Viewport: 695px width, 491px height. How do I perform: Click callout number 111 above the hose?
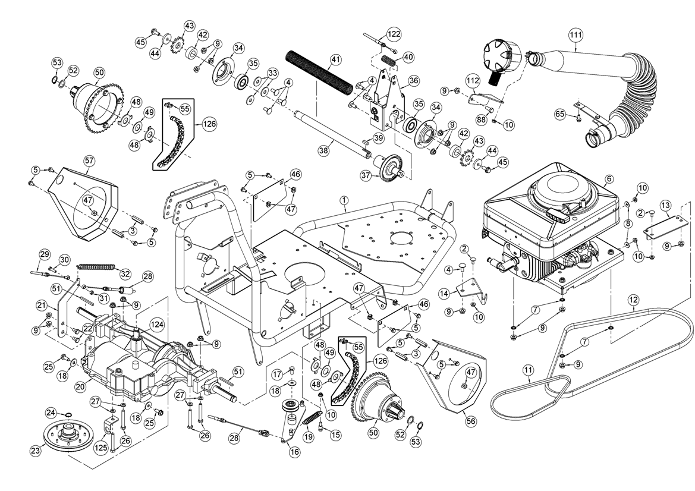(575, 34)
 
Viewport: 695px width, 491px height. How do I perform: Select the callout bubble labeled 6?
(609, 178)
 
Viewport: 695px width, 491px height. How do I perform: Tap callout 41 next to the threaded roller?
(336, 59)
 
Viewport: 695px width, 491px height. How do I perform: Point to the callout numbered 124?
(157, 325)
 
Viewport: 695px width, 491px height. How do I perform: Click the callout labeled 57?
(89, 160)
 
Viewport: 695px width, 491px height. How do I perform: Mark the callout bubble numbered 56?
(471, 421)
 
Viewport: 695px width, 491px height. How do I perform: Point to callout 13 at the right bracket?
(666, 206)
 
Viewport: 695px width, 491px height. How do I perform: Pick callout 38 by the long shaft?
(323, 151)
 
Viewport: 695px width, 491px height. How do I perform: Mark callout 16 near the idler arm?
(295, 452)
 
